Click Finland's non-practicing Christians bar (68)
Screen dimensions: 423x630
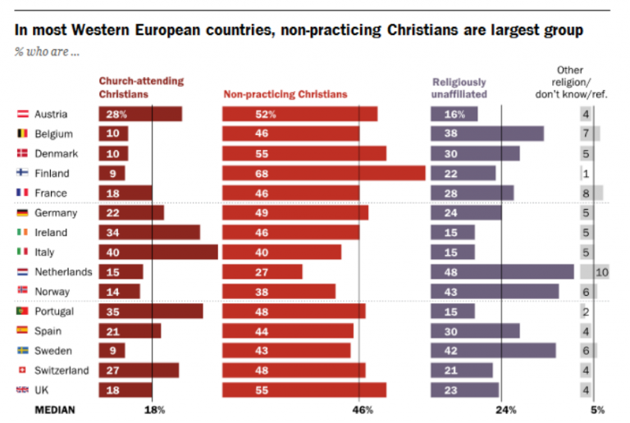[323, 173]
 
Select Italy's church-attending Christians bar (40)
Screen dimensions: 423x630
[158, 252]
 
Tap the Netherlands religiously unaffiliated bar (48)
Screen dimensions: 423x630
[502, 271]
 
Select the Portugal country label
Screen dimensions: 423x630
[54, 312]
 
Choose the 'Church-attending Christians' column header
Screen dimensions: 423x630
[141, 88]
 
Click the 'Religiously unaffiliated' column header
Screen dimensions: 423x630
[459, 88]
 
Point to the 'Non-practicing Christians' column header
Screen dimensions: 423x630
[285, 94]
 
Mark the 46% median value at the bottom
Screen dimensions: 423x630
[363, 409]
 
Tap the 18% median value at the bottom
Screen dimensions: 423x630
[155, 409]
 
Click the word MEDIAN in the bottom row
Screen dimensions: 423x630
[54, 409]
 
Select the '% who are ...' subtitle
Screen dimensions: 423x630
[47, 52]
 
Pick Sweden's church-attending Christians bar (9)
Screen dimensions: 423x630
[112, 351]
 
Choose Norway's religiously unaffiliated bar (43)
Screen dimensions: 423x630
[495, 291]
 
